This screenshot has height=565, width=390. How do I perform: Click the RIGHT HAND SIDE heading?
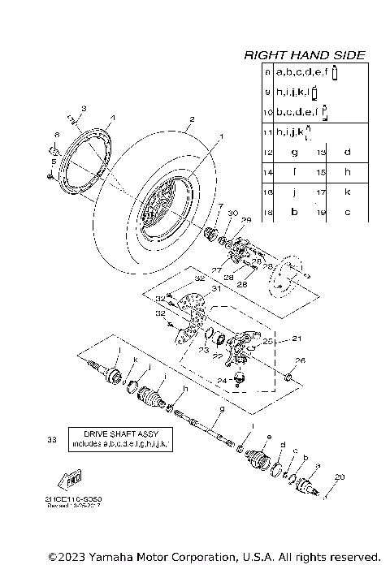pyautogui.click(x=305, y=55)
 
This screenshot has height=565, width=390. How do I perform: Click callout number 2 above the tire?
pyautogui.click(x=191, y=120)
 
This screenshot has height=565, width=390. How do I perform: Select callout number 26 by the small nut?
pyautogui.click(x=300, y=360)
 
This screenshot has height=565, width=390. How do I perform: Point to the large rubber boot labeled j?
pyautogui.click(x=151, y=397)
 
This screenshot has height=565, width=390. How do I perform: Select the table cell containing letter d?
pyautogui.click(x=347, y=152)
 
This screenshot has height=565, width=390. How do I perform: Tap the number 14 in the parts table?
pyautogui.click(x=267, y=172)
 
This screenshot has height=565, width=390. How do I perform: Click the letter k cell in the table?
pyautogui.click(x=347, y=192)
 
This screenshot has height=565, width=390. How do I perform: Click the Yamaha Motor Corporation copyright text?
pyautogui.click(x=214, y=556)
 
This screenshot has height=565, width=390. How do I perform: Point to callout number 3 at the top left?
pyautogui.click(x=83, y=108)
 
